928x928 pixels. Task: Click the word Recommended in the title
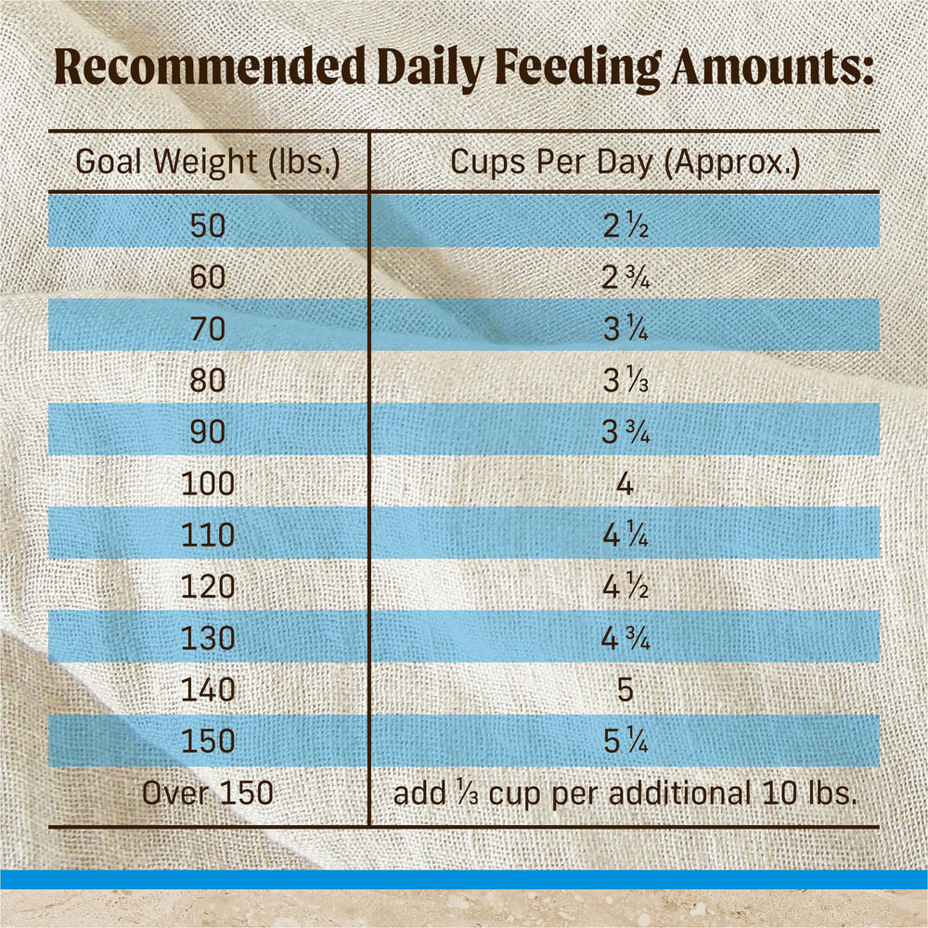(x=210, y=67)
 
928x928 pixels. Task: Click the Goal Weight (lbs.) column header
(x=208, y=162)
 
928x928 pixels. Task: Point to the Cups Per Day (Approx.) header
(x=625, y=162)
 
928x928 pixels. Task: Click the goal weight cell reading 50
(x=208, y=226)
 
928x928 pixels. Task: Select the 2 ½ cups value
(x=625, y=226)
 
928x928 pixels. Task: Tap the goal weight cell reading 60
(x=208, y=277)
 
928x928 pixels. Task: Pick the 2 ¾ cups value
(x=625, y=277)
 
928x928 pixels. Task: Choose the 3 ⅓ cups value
(x=625, y=380)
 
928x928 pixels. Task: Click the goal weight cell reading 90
(x=208, y=432)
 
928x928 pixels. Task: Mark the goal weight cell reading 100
(x=208, y=483)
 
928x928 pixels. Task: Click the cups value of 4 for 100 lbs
(x=625, y=484)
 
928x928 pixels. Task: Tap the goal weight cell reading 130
(x=208, y=638)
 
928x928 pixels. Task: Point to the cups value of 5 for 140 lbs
(x=625, y=690)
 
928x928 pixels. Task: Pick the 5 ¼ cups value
(x=625, y=741)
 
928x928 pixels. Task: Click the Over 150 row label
(x=208, y=793)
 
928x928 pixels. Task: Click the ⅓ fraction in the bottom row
(x=467, y=793)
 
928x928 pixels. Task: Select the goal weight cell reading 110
(x=208, y=535)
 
